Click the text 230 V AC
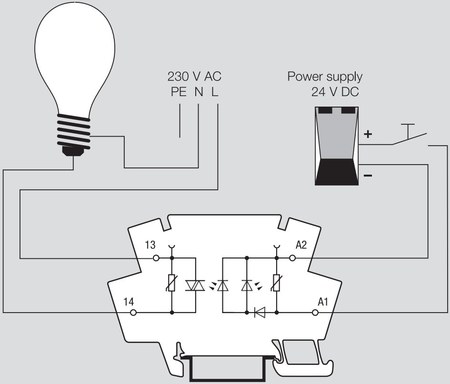[x=195, y=76]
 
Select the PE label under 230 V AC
[x=180, y=92]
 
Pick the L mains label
[x=215, y=92]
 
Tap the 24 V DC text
[x=335, y=92]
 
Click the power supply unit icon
[x=336, y=145]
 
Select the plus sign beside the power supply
[x=367, y=135]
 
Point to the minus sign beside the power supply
[x=367, y=177]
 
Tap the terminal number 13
[x=150, y=246]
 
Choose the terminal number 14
[x=129, y=301]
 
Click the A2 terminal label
[x=301, y=246]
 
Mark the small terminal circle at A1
[x=315, y=313]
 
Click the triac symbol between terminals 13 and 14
[x=195, y=285]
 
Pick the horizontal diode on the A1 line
[x=261, y=313]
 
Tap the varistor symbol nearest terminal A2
[x=277, y=285]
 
